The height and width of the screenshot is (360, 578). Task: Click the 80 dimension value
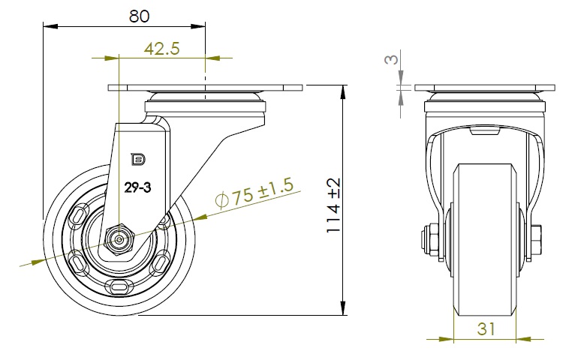coord(140,16)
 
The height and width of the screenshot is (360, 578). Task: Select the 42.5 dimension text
coord(162,48)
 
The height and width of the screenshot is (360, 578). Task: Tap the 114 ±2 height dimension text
coord(333,205)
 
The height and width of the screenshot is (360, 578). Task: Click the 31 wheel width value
coord(486,328)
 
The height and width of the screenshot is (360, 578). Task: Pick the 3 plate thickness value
coord(392,59)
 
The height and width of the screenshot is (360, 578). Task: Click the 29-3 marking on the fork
coord(137,188)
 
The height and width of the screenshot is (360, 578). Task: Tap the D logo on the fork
coord(139,159)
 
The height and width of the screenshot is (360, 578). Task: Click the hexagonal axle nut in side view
coord(119,240)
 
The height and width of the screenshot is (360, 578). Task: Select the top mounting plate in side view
coord(206,88)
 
